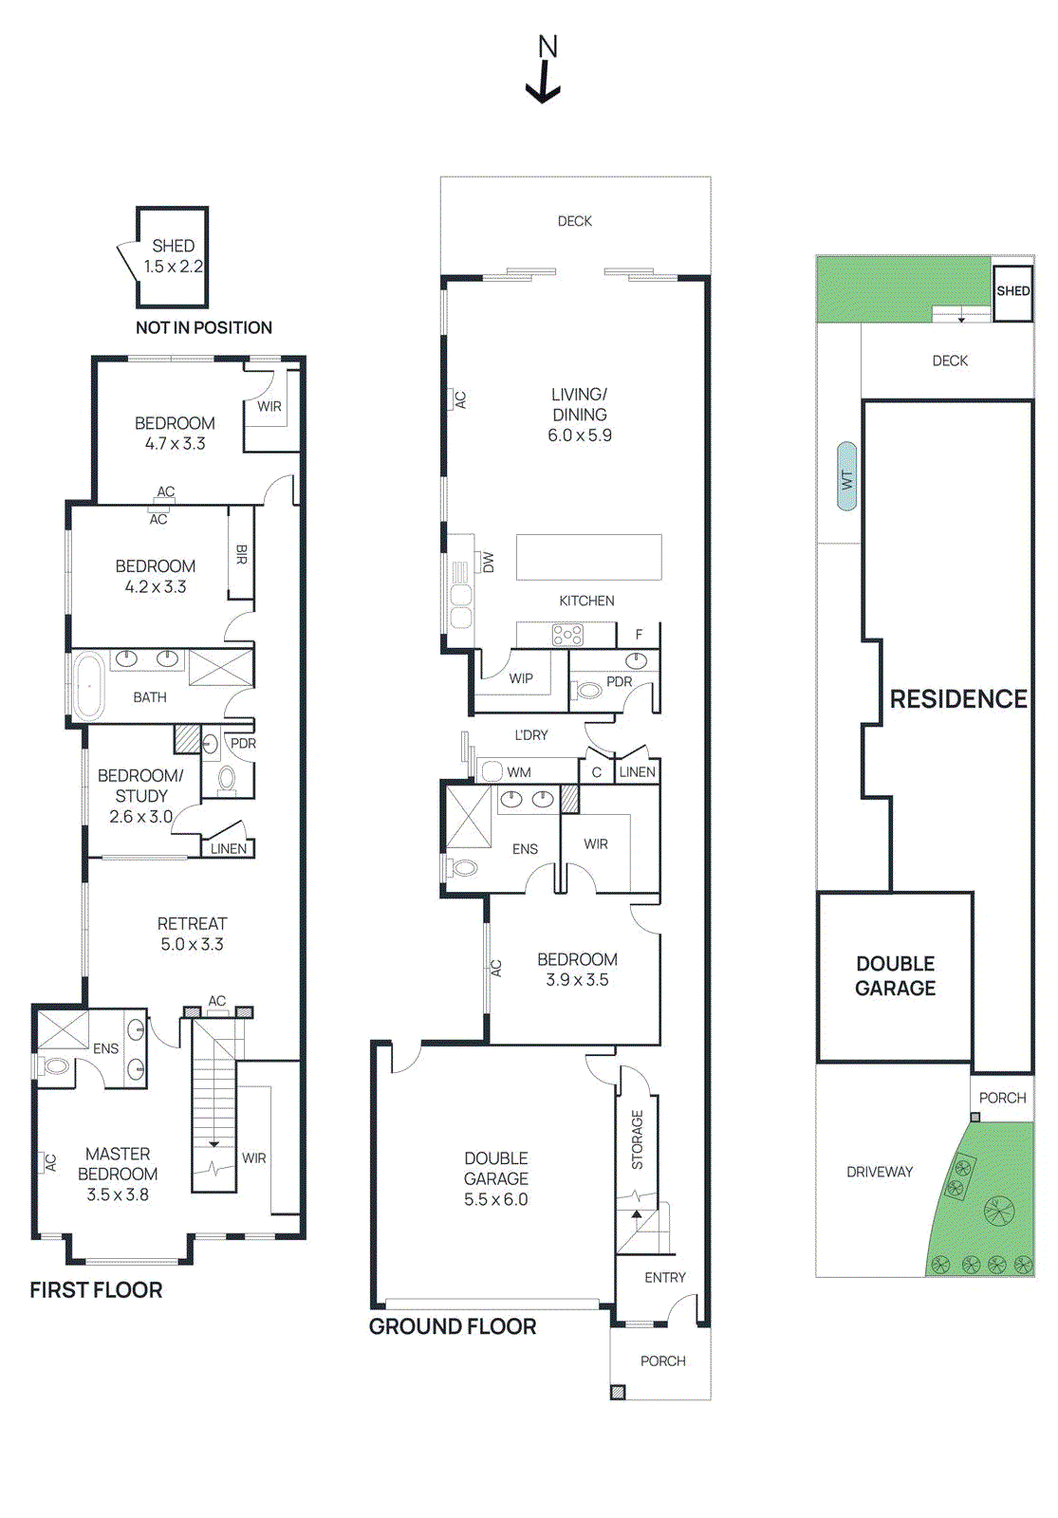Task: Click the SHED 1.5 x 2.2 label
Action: click(x=174, y=256)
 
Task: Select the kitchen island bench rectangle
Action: click(x=588, y=557)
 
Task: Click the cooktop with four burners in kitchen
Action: click(x=567, y=635)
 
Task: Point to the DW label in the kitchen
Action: click(x=489, y=562)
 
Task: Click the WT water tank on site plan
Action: click(x=846, y=477)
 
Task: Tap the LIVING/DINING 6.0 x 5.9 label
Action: click(x=579, y=415)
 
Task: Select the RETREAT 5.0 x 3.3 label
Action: click(x=192, y=934)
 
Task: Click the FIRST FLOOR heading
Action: click(x=96, y=1290)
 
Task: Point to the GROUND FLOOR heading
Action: click(x=453, y=1326)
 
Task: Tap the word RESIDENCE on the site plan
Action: click(x=958, y=699)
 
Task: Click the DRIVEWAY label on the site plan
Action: click(x=880, y=1172)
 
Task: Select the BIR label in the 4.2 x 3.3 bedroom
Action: click(x=241, y=554)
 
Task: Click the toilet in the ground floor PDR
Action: click(x=588, y=691)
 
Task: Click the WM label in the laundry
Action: click(x=518, y=772)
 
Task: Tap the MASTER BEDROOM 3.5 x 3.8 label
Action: click(x=118, y=1174)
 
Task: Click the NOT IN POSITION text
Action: click(x=203, y=327)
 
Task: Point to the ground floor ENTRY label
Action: click(x=664, y=1277)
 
